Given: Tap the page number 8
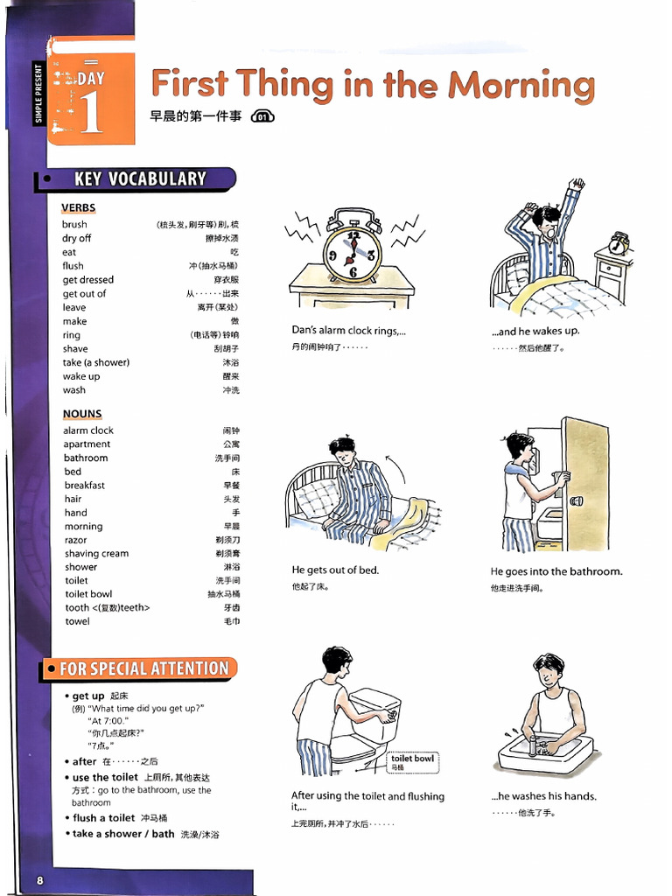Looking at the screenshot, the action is [40, 880].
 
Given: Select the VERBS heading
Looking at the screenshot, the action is [78, 207].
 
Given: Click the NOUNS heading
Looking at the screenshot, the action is [82, 414].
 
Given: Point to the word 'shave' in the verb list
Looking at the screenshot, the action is [75, 348].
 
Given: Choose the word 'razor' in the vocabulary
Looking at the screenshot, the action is [75, 540].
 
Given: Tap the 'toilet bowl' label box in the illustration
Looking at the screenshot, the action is [413, 762].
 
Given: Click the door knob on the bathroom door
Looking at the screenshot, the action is [576, 501].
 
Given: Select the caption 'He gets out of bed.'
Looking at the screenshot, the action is [335, 570].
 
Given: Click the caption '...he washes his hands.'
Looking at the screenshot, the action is [544, 796].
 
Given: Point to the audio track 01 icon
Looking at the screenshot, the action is [262, 116].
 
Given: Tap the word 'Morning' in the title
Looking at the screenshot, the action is [521, 86].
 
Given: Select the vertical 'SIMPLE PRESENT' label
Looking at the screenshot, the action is [38, 94].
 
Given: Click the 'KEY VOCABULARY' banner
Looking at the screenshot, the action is [140, 178].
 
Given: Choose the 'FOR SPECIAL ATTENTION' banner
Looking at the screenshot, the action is [143, 668].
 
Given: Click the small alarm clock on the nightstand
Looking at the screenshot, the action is [619, 243].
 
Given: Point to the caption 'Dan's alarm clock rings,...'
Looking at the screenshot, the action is [348, 330].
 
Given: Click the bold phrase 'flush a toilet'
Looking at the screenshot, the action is [104, 818].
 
